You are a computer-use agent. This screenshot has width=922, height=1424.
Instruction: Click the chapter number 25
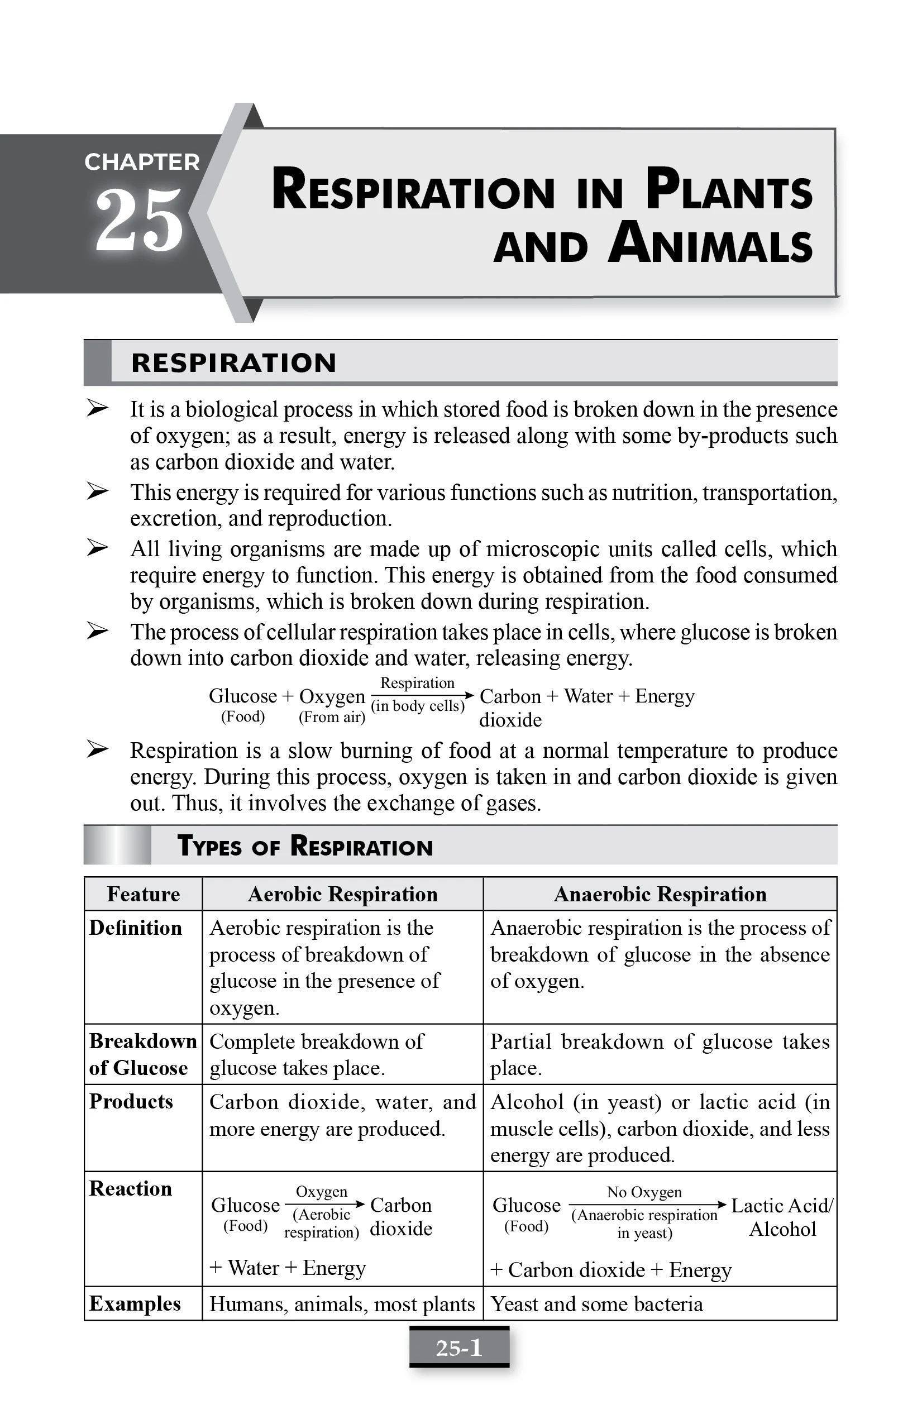point(139,220)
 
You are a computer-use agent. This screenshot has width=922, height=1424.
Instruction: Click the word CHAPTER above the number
point(142,162)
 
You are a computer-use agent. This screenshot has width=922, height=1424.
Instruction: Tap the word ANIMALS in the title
point(710,244)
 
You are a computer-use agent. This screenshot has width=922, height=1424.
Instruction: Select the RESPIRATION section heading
point(233,363)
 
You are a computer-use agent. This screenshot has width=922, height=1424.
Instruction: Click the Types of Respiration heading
point(304,847)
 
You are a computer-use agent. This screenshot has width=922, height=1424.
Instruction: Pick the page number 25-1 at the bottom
point(459,1347)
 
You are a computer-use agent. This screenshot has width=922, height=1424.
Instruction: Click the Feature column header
point(143,894)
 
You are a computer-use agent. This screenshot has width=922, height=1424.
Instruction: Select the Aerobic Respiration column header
point(342,894)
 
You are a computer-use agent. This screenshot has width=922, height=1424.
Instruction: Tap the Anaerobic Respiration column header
point(660,894)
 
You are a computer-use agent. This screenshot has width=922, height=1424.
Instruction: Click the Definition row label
point(135,928)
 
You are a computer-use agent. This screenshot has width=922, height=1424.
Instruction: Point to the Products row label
point(131,1101)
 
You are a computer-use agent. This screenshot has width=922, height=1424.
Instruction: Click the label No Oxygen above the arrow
point(644,1192)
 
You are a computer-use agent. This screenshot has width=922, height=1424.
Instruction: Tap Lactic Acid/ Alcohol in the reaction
point(782,1217)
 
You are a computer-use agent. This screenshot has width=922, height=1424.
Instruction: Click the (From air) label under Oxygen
point(332,717)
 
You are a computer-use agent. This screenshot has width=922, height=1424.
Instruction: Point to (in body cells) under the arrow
point(418,706)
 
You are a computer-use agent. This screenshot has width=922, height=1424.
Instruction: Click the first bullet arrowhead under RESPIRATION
point(97,409)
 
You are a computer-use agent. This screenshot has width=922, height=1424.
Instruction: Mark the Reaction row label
point(131,1188)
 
